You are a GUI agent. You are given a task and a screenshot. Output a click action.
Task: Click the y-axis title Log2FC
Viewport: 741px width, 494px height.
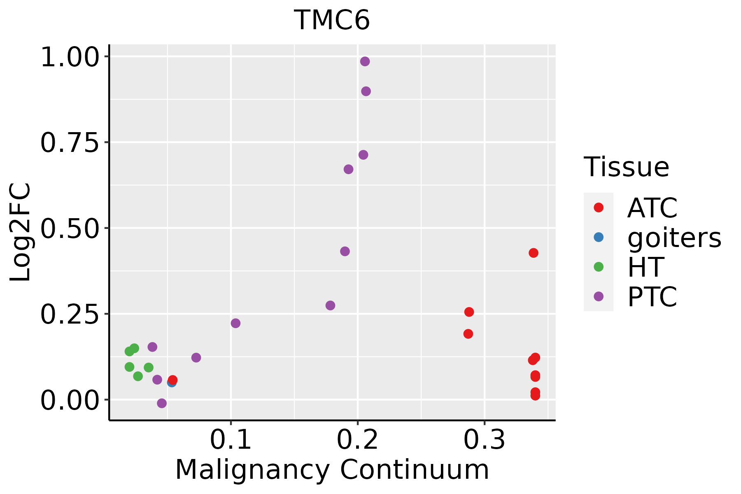(21, 232)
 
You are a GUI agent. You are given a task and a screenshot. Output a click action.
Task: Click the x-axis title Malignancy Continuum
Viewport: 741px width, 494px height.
(332, 470)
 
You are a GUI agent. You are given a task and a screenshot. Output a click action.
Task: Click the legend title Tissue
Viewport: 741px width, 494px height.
(626, 167)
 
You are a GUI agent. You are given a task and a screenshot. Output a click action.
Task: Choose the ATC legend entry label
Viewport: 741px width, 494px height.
(652, 208)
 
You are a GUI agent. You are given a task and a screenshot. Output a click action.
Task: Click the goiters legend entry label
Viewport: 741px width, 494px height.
(674, 238)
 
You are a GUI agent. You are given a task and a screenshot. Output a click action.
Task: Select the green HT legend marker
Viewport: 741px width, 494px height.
(599, 267)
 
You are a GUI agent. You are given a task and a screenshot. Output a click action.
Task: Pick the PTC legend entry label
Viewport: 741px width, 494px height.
(652, 297)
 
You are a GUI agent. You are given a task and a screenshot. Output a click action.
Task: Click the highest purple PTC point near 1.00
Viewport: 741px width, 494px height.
(365, 61)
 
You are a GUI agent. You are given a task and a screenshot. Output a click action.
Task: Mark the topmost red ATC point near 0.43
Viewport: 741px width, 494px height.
(534, 253)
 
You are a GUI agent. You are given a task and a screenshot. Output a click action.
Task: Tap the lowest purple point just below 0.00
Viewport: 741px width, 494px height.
(162, 403)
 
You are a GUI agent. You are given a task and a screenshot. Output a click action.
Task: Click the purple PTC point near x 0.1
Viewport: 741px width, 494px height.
(235, 323)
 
